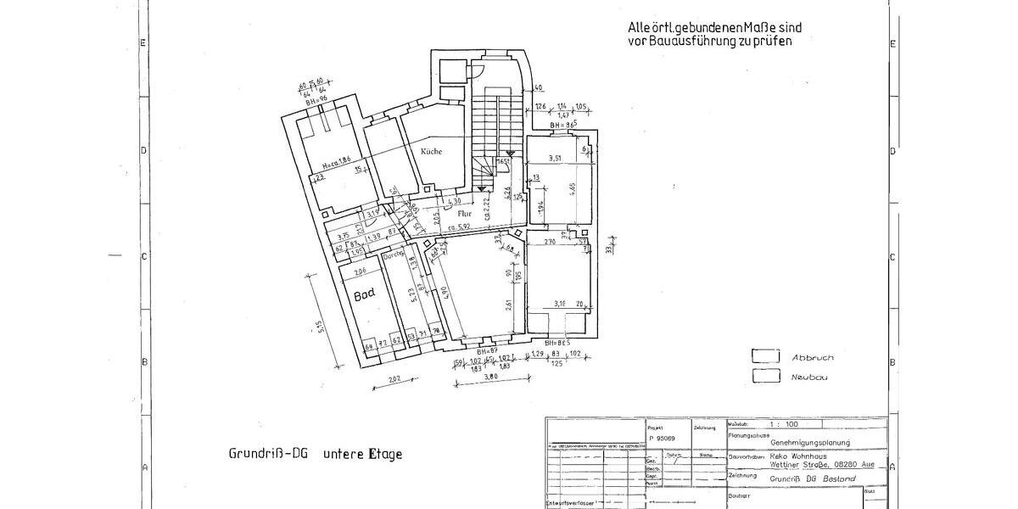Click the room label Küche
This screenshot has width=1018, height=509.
(431, 151)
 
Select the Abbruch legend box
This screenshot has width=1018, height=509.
(767, 357)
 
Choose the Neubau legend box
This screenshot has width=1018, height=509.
(767, 376)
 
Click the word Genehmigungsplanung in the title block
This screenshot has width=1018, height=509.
(804, 443)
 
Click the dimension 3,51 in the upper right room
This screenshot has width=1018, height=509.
(556, 159)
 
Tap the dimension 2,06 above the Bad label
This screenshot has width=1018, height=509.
(359, 271)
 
